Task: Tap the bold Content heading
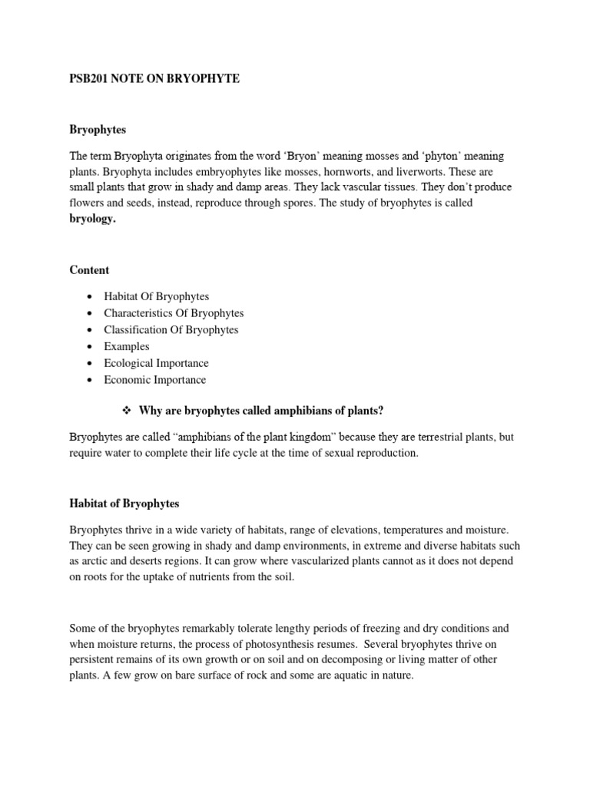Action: point(89,270)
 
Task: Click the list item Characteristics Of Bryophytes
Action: point(174,313)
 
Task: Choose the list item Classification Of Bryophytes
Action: point(171,330)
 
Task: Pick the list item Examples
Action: point(127,346)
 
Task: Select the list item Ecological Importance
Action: point(156,363)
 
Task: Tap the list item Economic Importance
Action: point(155,380)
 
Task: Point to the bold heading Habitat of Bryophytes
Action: point(124,504)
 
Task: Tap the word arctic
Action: point(97,562)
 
